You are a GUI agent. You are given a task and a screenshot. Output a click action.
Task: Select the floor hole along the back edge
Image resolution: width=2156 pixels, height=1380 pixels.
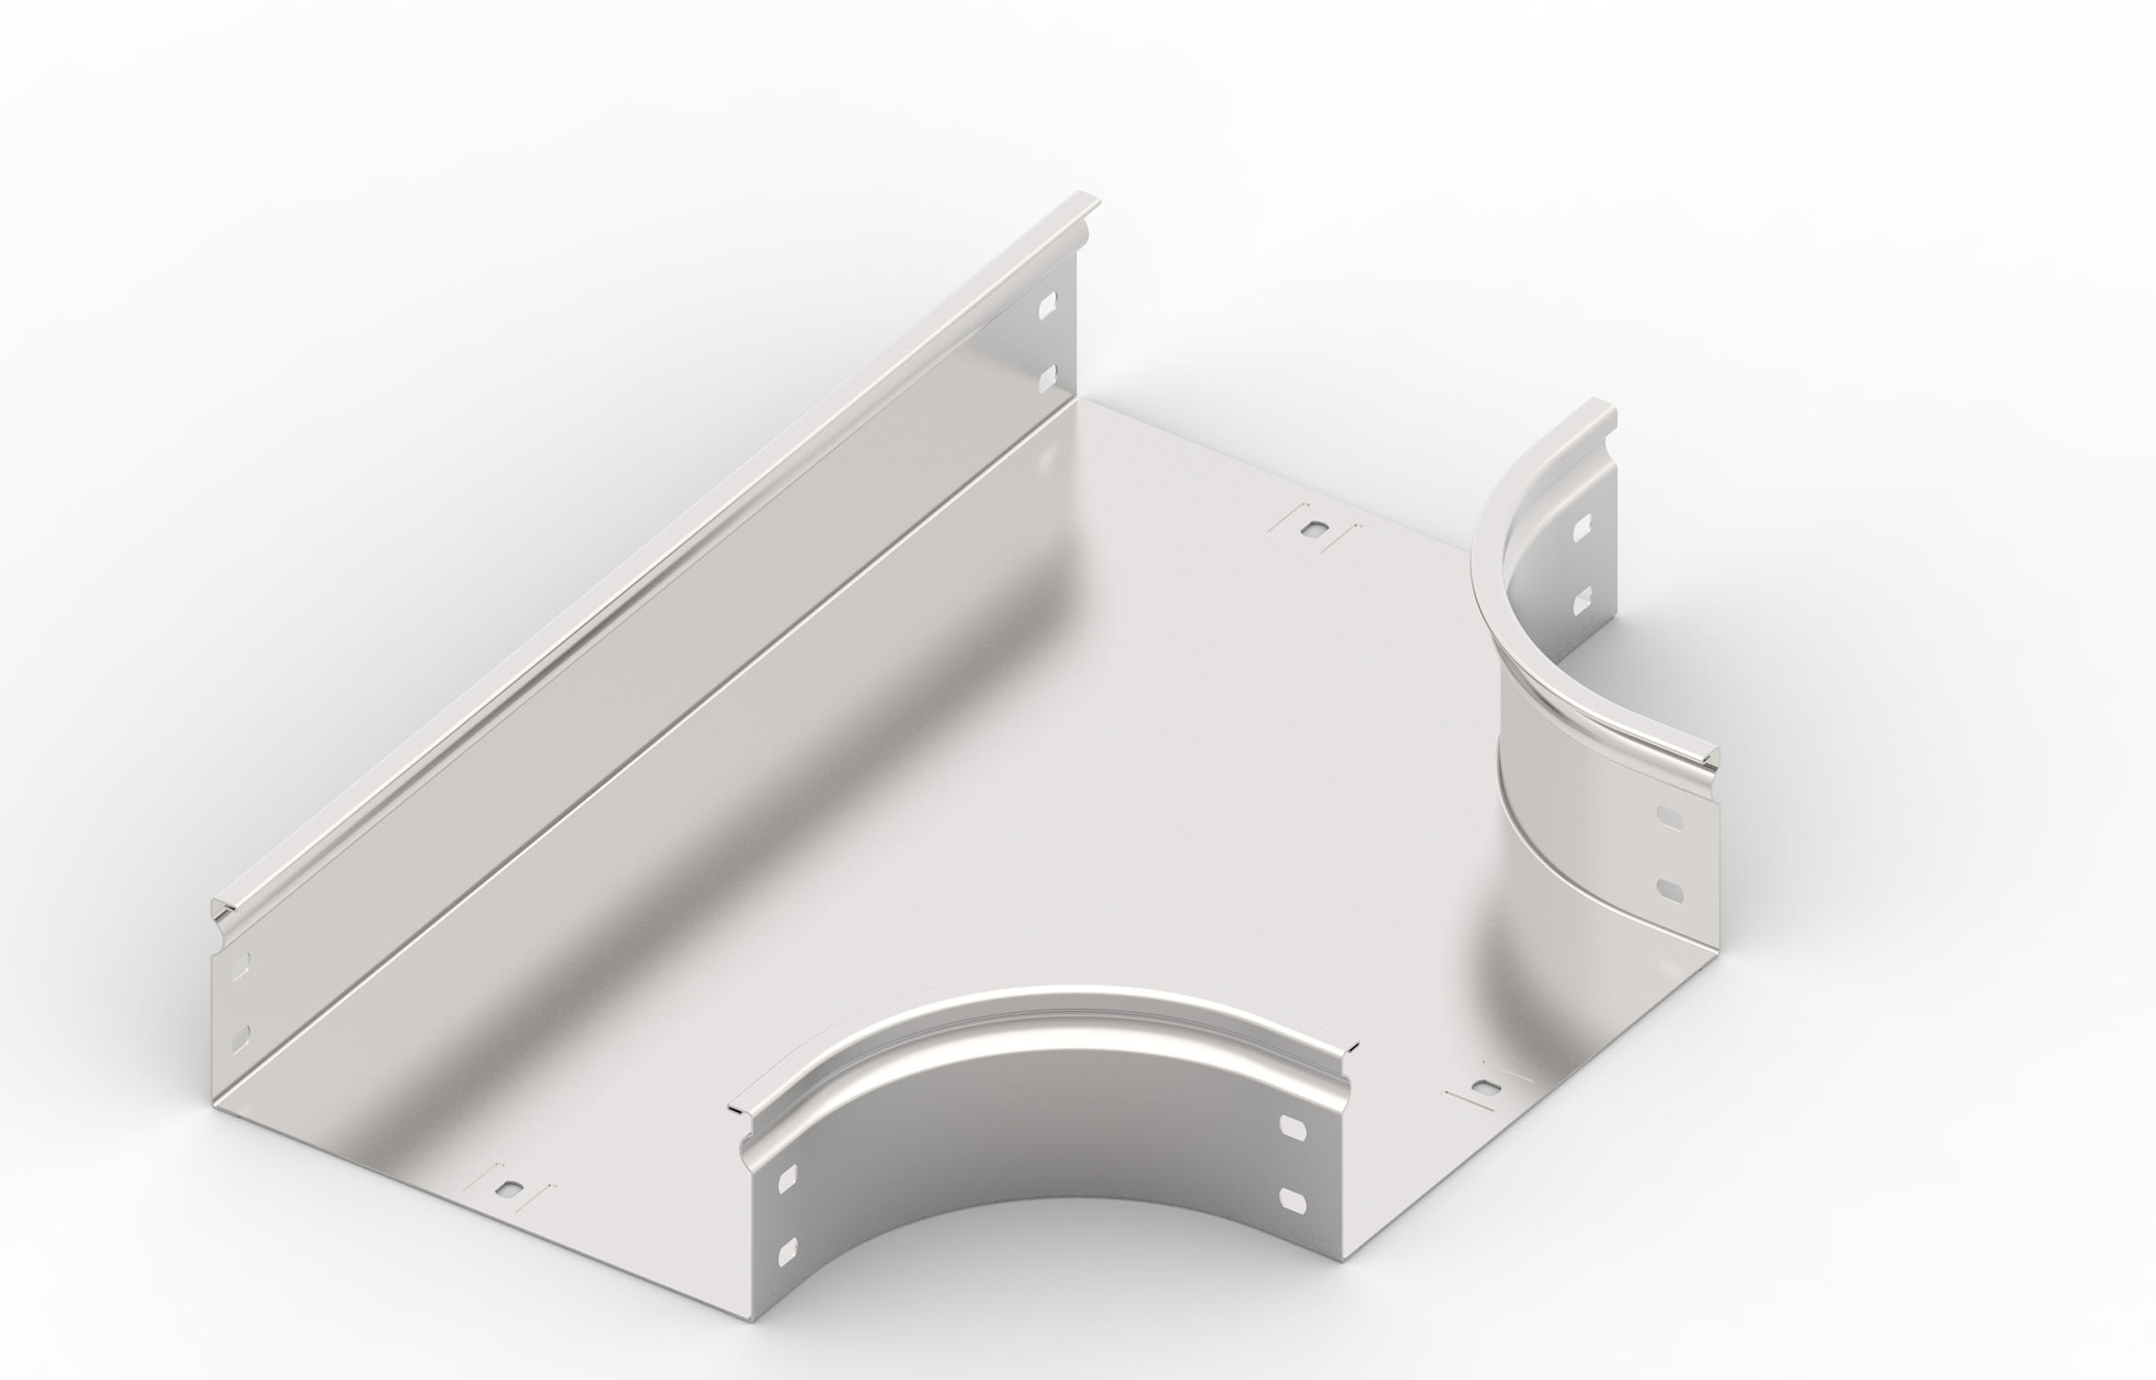(1313, 530)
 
